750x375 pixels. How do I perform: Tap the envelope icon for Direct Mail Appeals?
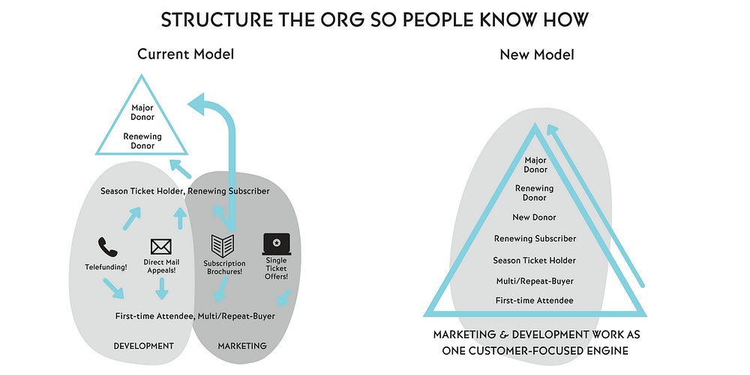[x=161, y=246]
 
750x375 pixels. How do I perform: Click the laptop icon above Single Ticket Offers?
[x=276, y=243]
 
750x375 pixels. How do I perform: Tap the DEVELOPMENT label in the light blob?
[x=143, y=346]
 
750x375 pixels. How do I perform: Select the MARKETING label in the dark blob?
[x=241, y=346]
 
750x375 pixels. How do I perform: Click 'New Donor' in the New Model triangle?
[x=535, y=217]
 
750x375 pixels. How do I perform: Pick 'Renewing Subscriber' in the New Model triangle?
[x=535, y=238]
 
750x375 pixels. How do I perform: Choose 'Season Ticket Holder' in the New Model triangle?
[x=535, y=260]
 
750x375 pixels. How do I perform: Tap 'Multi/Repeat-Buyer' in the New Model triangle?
[x=535, y=280]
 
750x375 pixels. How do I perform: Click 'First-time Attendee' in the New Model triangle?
[x=535, y=300]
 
